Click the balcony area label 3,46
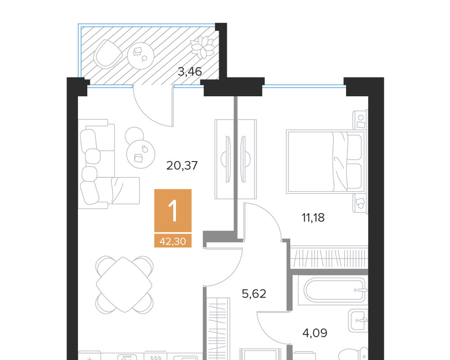tap(190, 72)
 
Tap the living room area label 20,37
tap(182, 166)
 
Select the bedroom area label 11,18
tap(313, 218)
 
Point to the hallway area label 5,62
tap(254, 294)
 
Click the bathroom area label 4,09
tap(315, 333)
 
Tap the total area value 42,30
tap(173, 242)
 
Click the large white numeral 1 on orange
tap(173, 211)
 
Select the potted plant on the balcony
tap(203, 47)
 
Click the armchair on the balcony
tap(108, 54)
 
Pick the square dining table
tap(124, 284)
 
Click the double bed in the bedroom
tap(326, 162)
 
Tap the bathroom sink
tap(358, 320)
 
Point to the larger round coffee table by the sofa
tap(140, 154)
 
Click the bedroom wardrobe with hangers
tap(329, 257)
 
